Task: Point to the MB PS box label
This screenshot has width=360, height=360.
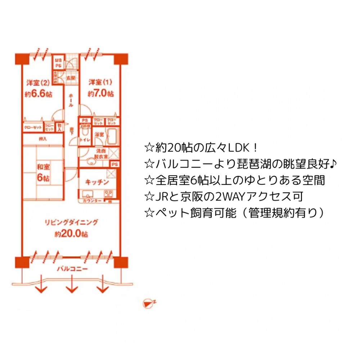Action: (x=58, y=63)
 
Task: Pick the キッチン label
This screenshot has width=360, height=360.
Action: (x=96, y=182)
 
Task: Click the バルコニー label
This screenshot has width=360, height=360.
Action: (x=72, y=269)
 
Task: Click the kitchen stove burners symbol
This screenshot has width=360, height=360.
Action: (x=109, y=193)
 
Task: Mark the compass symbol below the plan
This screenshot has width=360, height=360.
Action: (x=148, y=303)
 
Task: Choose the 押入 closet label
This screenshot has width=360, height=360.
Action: (x=42, y=139)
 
